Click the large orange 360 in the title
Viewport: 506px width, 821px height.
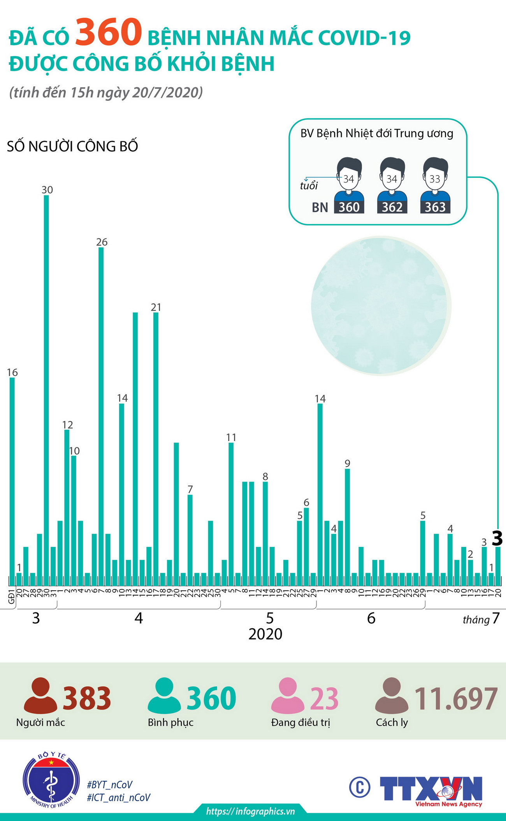coord(108,33)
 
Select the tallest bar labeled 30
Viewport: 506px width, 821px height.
coord(46,389)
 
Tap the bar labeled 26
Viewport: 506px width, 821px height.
coord(101,417)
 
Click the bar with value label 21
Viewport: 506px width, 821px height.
coord(156,448)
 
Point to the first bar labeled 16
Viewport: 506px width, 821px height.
coord(12,481)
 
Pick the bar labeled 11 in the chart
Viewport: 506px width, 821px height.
coord(231,514)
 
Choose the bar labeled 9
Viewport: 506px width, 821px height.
coord(347,527)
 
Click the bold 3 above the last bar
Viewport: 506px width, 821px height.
coord(497,539)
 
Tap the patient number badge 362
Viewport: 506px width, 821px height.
coord(392,207)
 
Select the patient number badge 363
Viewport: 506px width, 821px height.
coord(435,207)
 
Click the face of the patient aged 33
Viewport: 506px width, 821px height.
coord(435,178)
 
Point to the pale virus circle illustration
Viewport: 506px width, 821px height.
coord(381,306)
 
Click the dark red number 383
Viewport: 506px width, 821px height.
coord(87,698)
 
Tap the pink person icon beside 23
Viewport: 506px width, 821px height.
coord(288,695)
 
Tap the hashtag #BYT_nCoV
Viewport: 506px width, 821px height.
coord(110,784)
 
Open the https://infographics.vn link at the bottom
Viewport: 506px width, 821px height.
coord(250,811)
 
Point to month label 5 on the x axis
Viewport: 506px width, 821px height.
coord(270,618)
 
